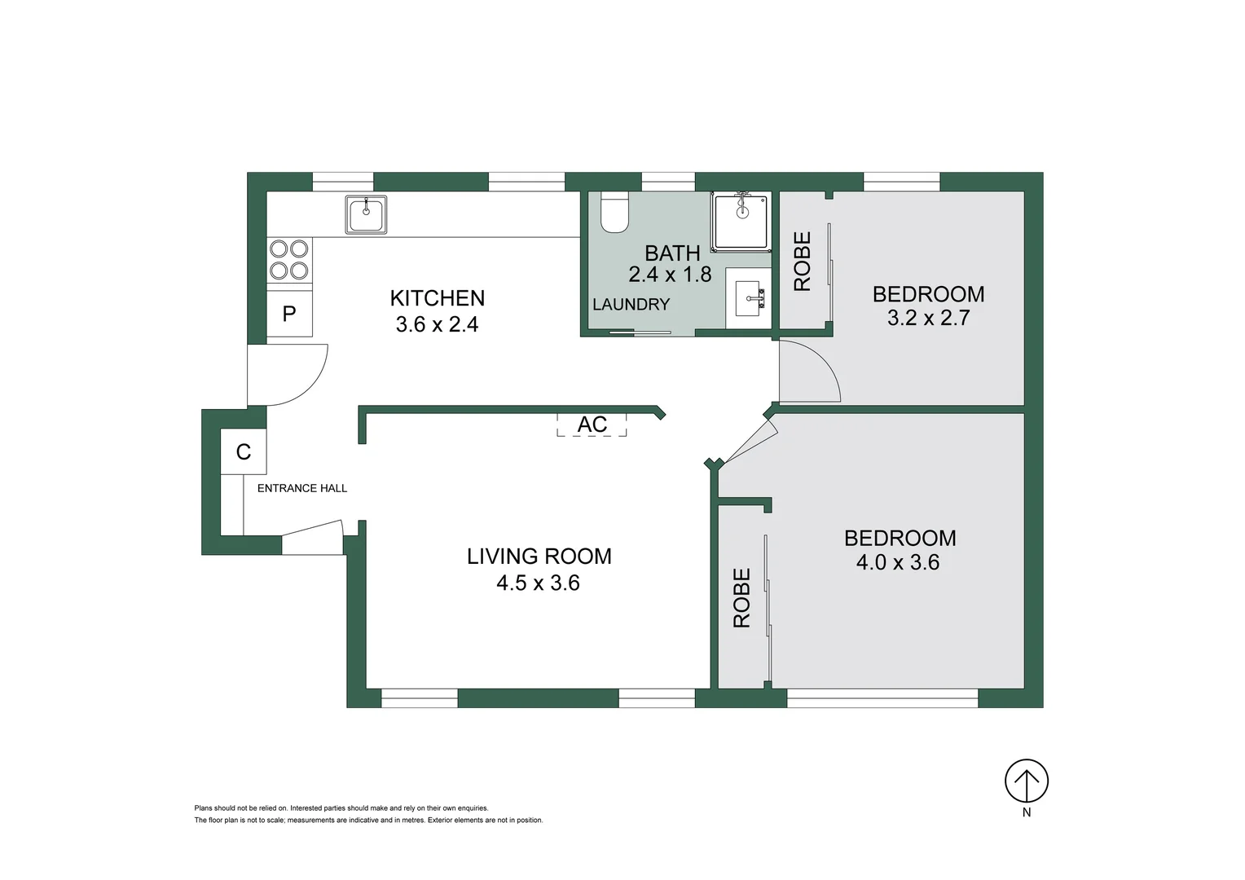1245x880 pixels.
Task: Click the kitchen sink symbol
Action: pyautogui.click(x=366, y=214)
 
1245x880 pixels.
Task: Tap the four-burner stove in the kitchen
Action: pyautogui.click(x=289, y=259)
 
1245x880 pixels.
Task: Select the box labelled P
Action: pyautogui.click(x=289, y=314)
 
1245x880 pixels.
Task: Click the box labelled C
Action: pyautogui.click(x=244, y=451)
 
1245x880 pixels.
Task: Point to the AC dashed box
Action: pyautogui.click(x=592, y=425)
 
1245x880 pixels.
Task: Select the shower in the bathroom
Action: pyautogui.click(x=741, y=222)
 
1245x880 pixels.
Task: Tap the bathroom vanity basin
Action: pyautogui.click(x=748, y=298)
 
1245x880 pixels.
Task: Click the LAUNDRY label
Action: pyautogui.click(x=631, y=305)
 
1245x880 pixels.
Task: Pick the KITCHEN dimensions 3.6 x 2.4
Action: pyautogui.click(x=437, y=324)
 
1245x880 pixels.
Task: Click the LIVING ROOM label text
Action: pyautogui.click(x=539, y=557)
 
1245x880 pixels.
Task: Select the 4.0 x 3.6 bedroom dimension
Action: pyautogui.click(x=897, y=562)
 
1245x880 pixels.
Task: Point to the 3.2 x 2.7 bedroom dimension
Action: pyautogui.click(x=928, y=318)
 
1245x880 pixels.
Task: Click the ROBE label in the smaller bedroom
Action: pyautogui.click(x=803, y=262)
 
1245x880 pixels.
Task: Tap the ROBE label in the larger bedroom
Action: pyautogui.click(x=741, y=598)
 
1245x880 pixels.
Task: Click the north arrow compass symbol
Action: pyautogui.click(x=1026, y=781)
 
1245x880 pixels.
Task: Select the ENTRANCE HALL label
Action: pyautogui.click(x=302, y=488)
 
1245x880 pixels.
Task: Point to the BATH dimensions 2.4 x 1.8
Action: pyautogui.click(x=670, y=275)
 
